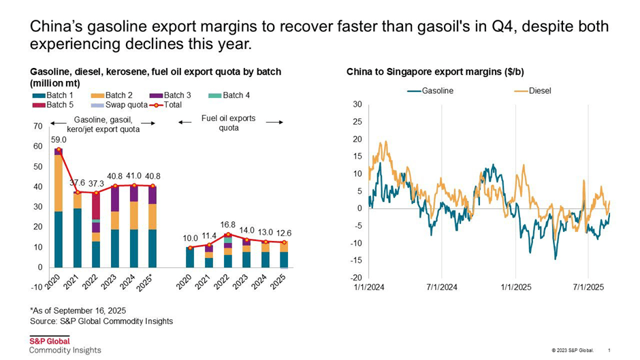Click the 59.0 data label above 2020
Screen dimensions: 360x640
(59, 139)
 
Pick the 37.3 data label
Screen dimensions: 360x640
(97, 183)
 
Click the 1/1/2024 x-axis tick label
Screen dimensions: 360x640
(368, 288)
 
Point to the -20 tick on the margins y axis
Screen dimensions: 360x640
(355, 278)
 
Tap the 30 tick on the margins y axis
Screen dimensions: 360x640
(357, 104)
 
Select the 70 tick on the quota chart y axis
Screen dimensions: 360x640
(38, 127)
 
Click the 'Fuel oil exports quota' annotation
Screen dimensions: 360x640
(228, 122)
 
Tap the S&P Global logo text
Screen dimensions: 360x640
(49, 341)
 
